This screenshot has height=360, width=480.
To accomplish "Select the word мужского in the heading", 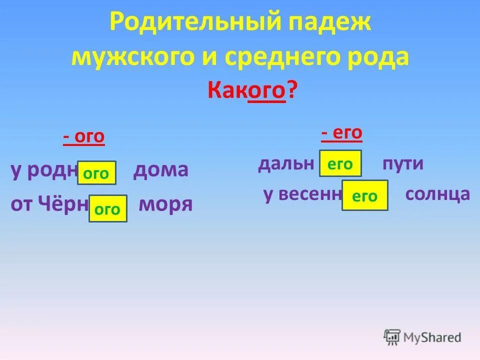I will click(124, 58).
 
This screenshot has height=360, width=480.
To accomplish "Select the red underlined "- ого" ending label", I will click(84, 137).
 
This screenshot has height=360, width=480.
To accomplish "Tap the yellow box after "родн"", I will click(96, 173).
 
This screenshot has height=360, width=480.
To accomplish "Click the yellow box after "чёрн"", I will click(107, 208).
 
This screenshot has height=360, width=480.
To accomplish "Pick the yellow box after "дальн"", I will click(340, 163).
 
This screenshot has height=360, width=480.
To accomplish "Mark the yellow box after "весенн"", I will click(364, 195).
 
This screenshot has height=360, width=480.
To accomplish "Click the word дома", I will click(160, 170).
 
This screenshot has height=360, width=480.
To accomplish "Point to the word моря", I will click(165, 204).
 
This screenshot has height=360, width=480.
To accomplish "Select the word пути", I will click(403, 163).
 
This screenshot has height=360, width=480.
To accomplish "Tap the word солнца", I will click(438, 194).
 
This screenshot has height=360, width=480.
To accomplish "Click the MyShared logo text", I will click(432, 337).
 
